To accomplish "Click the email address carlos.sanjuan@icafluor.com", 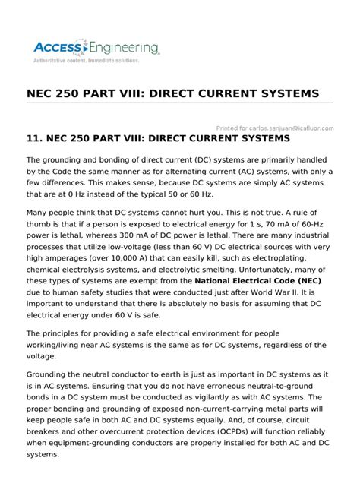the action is pos(294,128).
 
